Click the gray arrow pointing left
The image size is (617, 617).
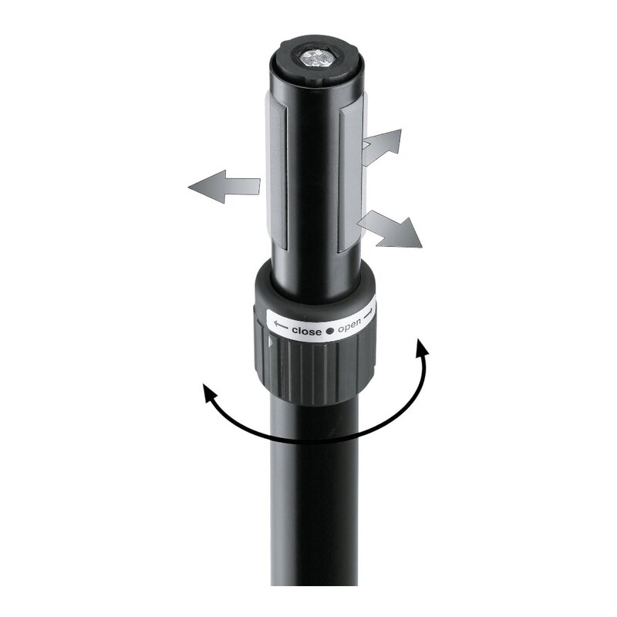224,186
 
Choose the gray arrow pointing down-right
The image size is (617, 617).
392,229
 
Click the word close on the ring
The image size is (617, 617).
306,330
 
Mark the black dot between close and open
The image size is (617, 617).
329,329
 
